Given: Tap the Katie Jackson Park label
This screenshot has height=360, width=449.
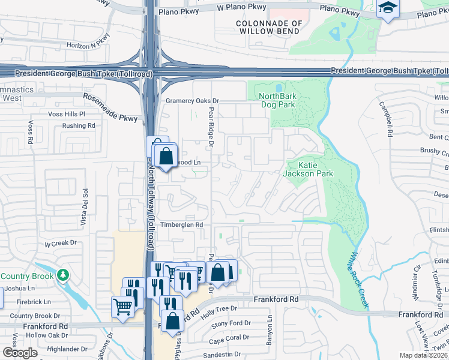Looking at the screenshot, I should pyautogui.click(x=316, y=169).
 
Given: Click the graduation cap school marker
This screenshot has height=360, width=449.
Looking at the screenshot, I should pyautogui.click(x=387, y=8).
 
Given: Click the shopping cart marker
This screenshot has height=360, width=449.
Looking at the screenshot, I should pyautogui.click(x=122, y=307).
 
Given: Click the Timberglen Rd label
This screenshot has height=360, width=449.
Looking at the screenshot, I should pyautogui.click(x=182, y=224).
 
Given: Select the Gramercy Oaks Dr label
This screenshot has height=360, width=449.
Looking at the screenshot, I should pyautogui.click(x=193, y=101).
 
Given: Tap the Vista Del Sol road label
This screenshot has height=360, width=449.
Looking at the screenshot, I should pyautogui.click(x=85, y=206).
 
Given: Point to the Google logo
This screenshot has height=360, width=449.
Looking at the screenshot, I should pyautogui.click(x=19, y=353).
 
